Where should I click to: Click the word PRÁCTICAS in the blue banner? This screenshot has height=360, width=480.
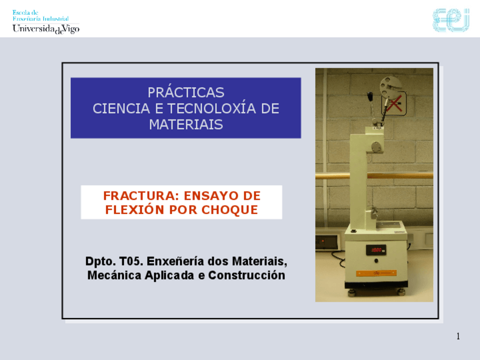coord(186,92)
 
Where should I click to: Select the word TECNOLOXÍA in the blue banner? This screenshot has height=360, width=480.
coord(212,108)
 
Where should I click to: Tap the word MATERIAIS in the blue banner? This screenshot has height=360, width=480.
coord(186,125)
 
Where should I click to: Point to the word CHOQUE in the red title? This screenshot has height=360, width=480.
coord(230,209)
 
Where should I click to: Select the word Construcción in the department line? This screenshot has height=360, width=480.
coord(247,275)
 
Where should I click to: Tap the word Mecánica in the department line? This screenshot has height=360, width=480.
coord(114,275)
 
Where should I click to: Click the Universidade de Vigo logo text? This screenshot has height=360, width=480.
coord(46,29)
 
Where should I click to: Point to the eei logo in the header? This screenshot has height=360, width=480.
coord(451,20)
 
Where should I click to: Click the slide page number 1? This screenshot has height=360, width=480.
coord(458,336)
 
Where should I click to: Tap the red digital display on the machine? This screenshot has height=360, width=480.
coord(376,250)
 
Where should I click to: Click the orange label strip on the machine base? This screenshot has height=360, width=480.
coord(376,273)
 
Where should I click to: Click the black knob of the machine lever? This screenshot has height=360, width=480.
coord(370,96)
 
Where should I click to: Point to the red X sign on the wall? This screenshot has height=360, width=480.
coord(395,104)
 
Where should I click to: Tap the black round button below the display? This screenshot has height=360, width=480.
coord(376,261)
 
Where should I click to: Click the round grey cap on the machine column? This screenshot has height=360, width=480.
coord(376,147)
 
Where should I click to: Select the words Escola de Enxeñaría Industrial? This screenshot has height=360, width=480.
coord(40,16)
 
